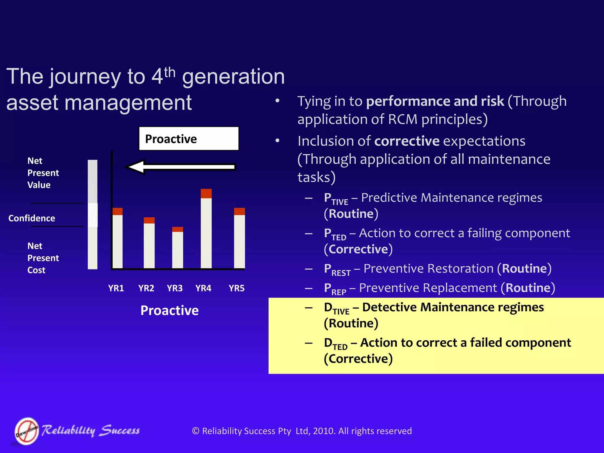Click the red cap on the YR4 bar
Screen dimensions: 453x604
[x=206, y=193]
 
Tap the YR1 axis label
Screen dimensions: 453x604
[x=116, y=288]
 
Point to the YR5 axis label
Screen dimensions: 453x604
[x=237, y=288]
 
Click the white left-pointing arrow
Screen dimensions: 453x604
[x=180, y=167]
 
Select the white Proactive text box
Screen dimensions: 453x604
[x=189, y=139]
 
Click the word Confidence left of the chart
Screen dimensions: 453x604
[x=32, y=218]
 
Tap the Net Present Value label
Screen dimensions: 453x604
[x=43, y=173]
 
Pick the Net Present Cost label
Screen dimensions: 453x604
[x=43, y=258]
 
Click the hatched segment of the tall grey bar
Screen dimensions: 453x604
[x=93, y=215]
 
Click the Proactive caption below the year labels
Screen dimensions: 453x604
[x=170, y=311]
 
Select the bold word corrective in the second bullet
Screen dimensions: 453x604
[x=407, y=141]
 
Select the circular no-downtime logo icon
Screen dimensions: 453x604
[x=27, y=431]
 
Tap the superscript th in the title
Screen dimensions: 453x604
[x=170, y=72]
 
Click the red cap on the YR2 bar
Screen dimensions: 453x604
[x=149, y=220]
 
